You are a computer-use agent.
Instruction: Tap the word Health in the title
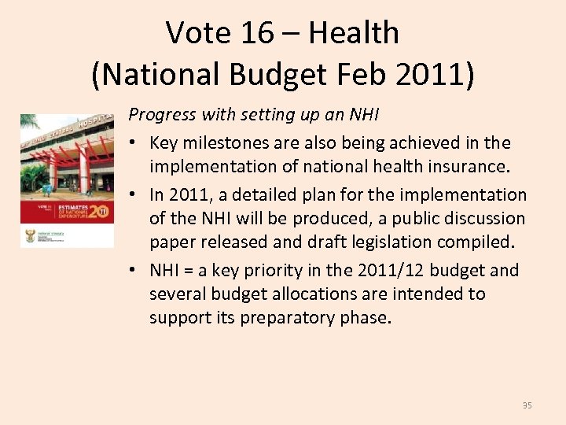354,33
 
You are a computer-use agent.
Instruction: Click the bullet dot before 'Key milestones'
134,143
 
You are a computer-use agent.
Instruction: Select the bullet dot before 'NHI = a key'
134,271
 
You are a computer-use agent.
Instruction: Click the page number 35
527,405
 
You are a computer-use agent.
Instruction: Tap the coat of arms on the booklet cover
31,235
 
